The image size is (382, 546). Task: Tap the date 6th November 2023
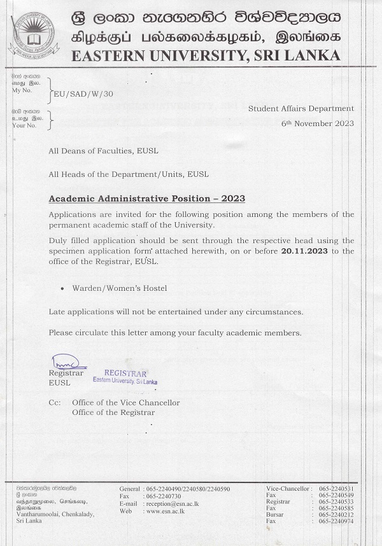(318, 123)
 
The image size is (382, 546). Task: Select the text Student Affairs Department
(301, 109)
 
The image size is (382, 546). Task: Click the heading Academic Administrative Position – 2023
(147, 199)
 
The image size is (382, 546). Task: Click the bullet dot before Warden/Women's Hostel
(62, 289)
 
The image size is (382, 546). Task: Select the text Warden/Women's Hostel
(120, 288)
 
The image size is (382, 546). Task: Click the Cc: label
(55, 403)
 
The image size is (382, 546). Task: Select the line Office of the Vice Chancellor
(126, 403)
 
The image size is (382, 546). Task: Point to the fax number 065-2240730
(164, 496)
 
